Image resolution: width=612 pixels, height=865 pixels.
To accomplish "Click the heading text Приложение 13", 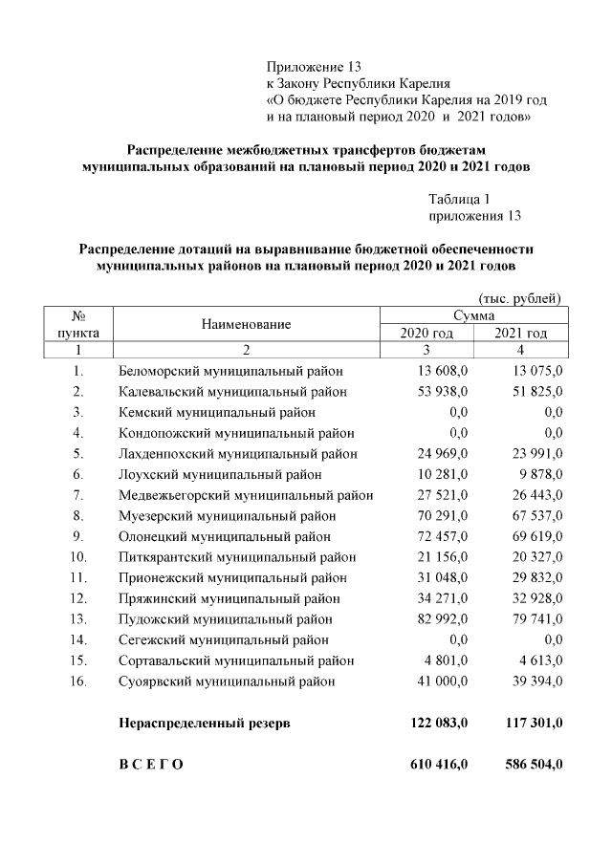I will (314, 67).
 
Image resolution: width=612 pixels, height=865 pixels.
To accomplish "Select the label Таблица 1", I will (460, 200).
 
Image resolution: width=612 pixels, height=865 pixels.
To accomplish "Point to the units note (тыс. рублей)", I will (519, 298).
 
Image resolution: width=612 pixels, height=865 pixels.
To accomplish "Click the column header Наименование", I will (246, 324).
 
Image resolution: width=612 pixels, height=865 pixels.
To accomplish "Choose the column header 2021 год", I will (520, 333).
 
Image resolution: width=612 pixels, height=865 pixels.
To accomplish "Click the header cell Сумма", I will (473, 314).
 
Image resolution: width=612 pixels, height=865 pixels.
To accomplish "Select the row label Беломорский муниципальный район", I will (230, 371).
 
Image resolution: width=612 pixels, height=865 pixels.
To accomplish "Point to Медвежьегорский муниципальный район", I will (246, 495).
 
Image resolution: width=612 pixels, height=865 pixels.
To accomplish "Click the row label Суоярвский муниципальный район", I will (228, 681).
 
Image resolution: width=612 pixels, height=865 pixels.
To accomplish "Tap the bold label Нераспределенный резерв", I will (205, 724).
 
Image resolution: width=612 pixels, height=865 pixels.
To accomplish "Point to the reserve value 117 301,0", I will (532, 724).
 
